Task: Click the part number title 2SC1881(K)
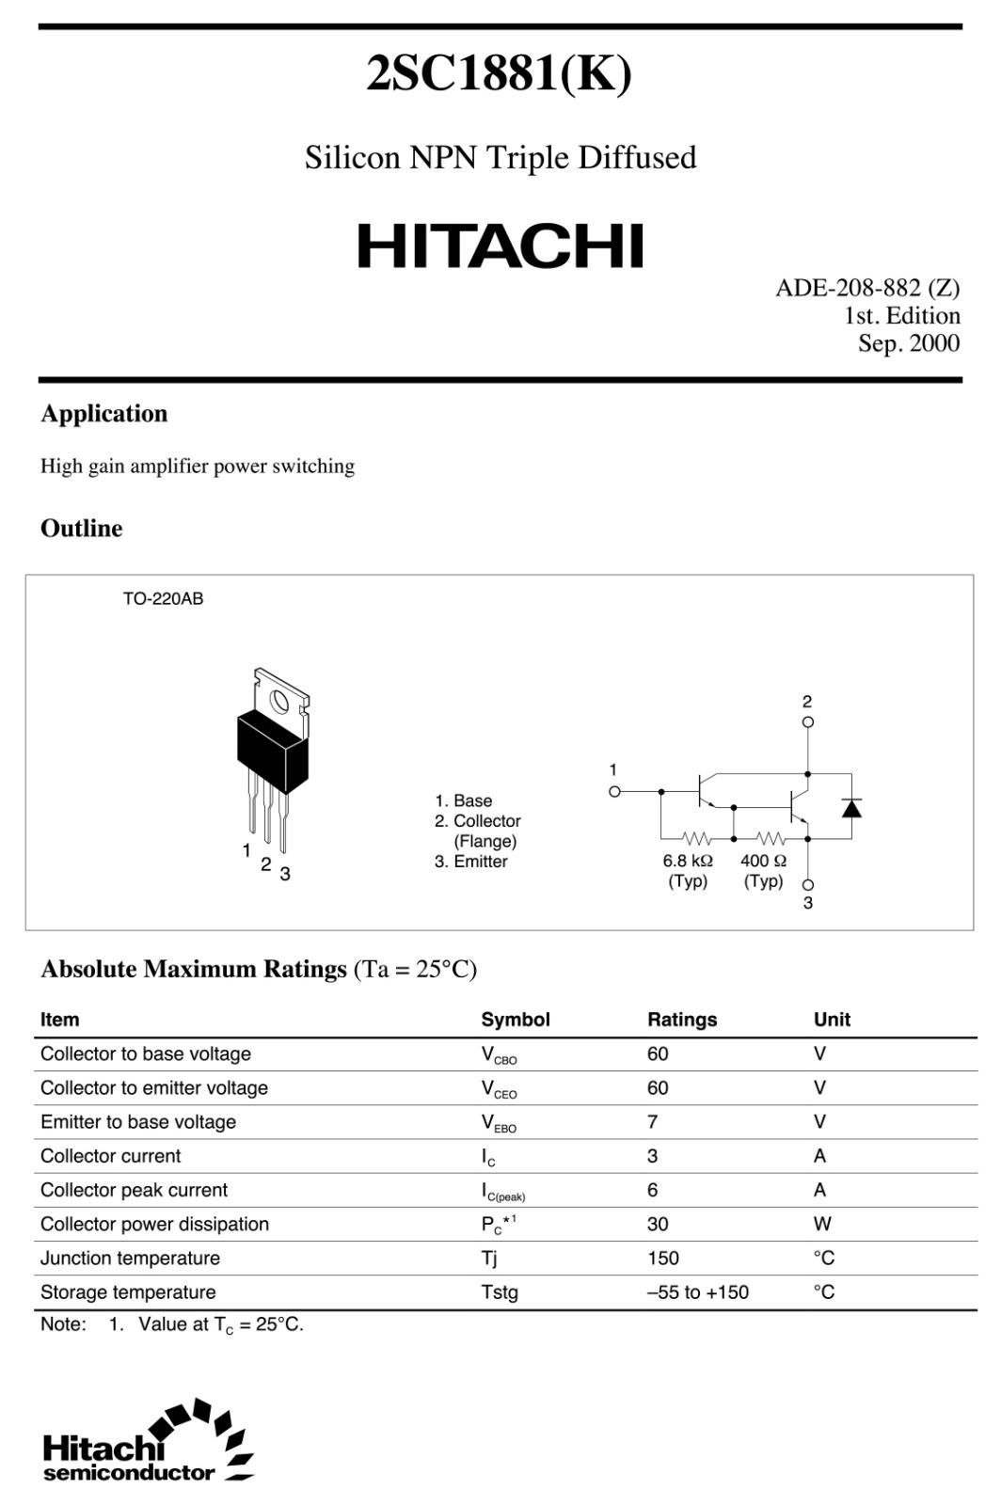pos(499,73)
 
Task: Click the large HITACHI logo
pos(500,246)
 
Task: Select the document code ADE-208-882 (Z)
pos(866,288)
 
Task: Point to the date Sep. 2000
pos(908,343)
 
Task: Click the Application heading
pos(103,414)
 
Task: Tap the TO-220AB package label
pos(163,598)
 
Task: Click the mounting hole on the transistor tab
pos(279,701)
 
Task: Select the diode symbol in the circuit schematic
pos(851,807)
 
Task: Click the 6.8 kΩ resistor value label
pos(688,861)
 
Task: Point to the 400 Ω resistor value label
pos(763,861)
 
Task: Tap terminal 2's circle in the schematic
pos(807,722)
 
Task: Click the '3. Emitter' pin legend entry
pos(470,862)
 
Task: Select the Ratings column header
pos(682,1020)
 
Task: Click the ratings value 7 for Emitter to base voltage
pos(653,1122)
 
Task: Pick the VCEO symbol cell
pos(499,1089)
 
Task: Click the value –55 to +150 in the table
pos(698,1292)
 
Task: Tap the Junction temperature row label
pos(130,1259)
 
